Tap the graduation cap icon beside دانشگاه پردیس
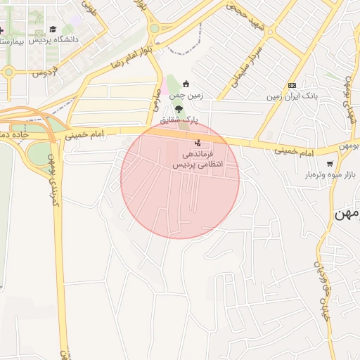pos(53,30)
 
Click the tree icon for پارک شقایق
pos(179,109)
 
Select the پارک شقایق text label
pos(179,120)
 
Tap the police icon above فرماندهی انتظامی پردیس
pos(196,143)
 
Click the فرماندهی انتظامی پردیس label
pos(198,159)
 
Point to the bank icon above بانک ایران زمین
pos(292,85)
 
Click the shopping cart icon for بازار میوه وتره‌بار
pos(330,163)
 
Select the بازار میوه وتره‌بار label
pos(335,174)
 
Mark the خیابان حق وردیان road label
pos(321,288)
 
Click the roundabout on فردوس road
pos(8,71)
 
